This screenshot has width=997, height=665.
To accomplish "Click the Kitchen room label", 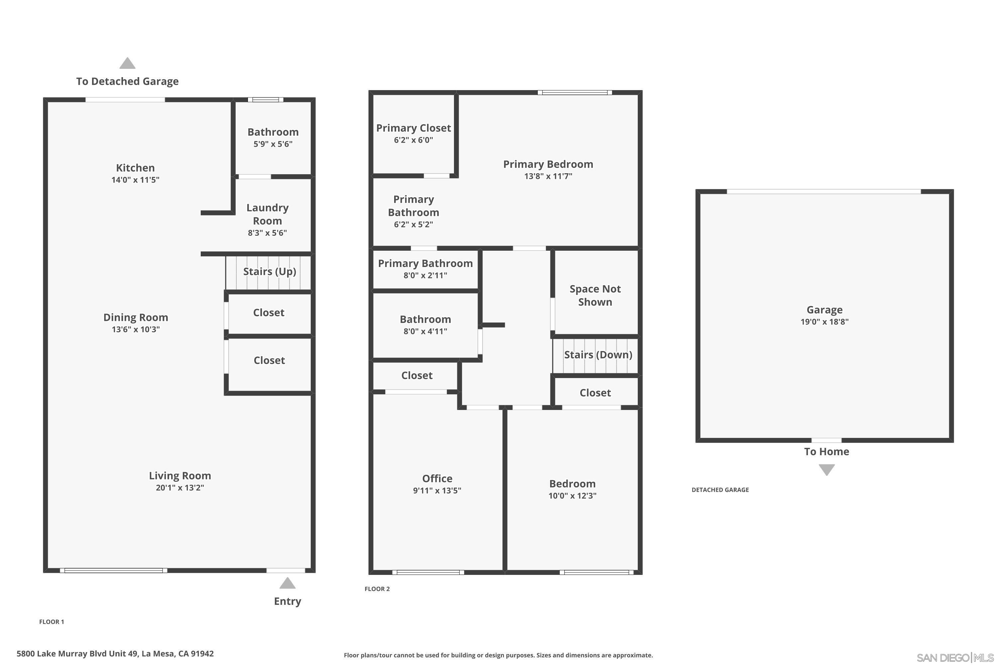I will pos(135,168).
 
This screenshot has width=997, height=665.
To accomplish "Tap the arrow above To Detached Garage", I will pos(127,64).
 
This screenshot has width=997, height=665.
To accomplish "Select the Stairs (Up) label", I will pos(270,271).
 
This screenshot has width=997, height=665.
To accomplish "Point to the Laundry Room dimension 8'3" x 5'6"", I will pos(267,233).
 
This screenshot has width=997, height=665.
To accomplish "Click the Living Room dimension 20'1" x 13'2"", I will pos(180,488).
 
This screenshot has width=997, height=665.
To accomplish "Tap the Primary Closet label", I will pos(413,128).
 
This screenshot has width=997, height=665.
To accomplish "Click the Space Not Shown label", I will pos(595,296).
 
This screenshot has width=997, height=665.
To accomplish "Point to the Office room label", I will pos(437,478).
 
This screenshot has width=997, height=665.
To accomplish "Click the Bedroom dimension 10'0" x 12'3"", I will pos(572,496).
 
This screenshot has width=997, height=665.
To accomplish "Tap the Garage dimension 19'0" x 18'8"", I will pos(824,322).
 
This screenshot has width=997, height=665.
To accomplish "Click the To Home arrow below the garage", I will pos(826,470).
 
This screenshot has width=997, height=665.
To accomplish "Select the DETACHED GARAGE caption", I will pos(720,490).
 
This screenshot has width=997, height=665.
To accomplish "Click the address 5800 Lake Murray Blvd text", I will pos(115,654).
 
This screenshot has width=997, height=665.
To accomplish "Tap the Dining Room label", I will pos(136,317).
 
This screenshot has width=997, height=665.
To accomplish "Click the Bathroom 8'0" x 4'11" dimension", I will pos(425,332).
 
